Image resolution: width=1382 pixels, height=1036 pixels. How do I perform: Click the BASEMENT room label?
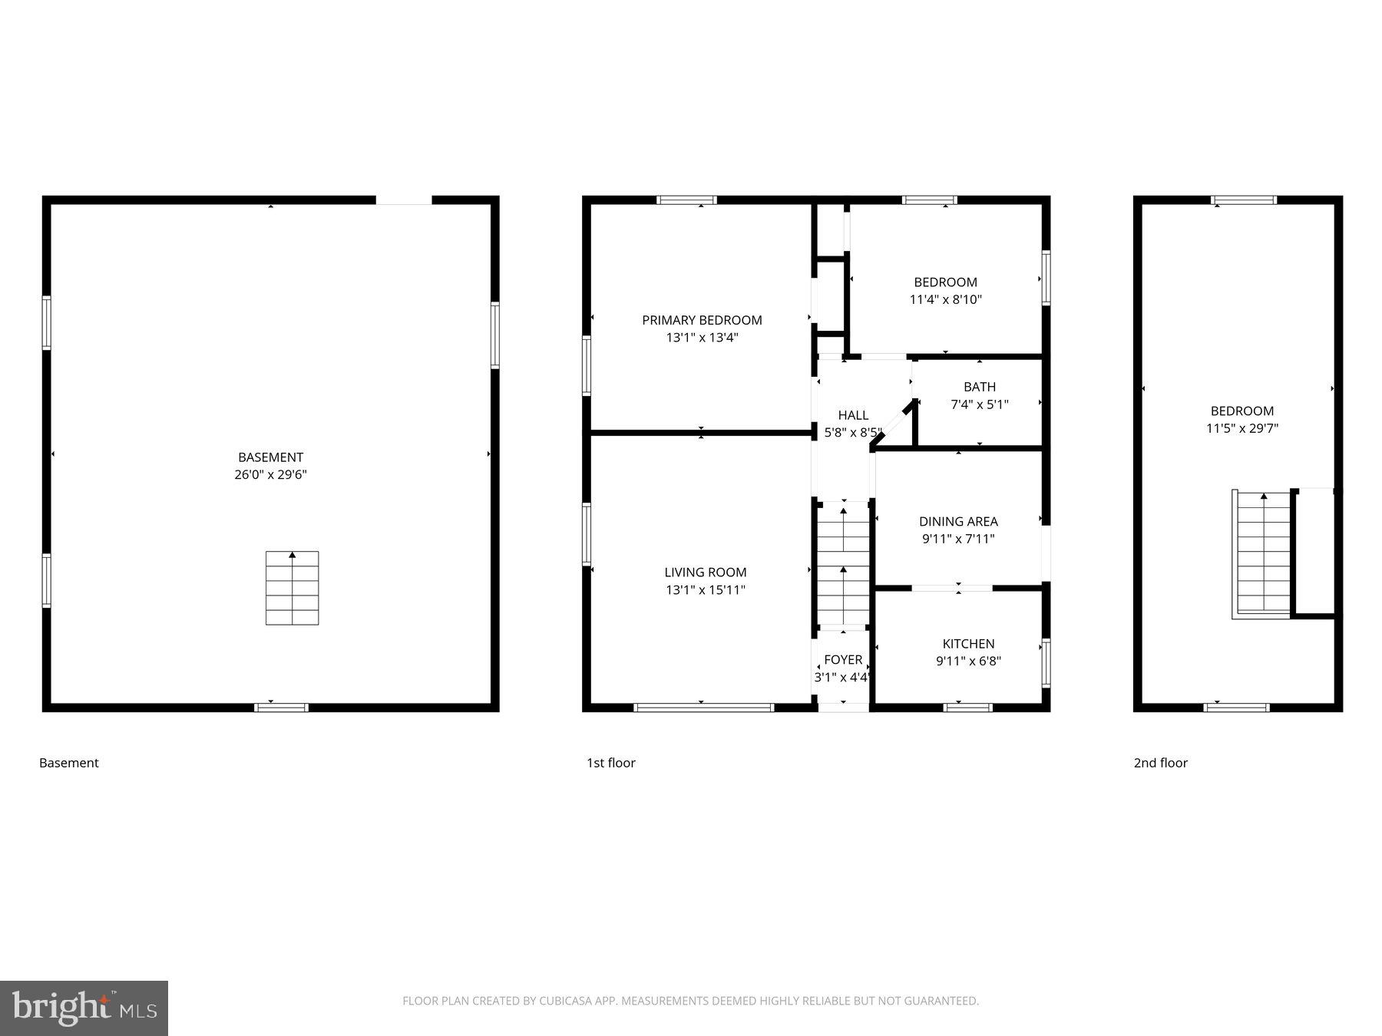click(270, 457)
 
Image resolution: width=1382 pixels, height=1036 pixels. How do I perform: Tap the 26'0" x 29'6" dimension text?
click(270, 475)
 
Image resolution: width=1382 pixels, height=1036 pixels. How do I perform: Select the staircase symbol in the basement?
click(292, 588)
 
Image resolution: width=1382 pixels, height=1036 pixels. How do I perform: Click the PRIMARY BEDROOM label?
click(702, 320)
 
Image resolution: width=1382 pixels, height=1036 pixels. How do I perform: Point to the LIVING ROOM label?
click(705, 572)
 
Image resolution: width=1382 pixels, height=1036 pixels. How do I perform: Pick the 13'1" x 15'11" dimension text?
click(705, 590)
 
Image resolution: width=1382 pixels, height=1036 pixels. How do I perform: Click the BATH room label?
click(980, 387)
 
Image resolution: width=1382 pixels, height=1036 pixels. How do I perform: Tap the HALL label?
click(853, 416)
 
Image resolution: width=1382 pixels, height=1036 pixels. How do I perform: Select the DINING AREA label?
click(958, 522)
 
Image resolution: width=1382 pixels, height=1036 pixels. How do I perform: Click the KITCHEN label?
click(968, 644)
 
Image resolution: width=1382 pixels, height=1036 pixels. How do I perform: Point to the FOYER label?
click(843, 660)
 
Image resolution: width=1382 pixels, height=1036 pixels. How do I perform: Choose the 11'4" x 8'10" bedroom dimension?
click(945, 300)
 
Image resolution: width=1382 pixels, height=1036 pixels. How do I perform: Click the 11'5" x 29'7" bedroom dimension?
click(1241, 429)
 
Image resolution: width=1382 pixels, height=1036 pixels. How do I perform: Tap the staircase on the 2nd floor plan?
click(1263, 553)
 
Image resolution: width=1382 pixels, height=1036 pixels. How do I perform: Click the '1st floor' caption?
click(611, 763)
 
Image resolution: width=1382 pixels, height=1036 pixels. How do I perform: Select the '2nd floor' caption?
click(1160, 763)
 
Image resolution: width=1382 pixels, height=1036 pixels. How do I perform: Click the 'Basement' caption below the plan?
click(69, 763)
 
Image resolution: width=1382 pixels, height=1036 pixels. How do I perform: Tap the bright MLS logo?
click(84, 1008)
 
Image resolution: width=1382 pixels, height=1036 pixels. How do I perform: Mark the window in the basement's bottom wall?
click(281, 708)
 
